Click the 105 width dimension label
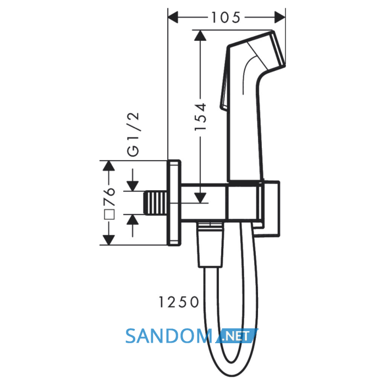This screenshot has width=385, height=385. pos(226,18)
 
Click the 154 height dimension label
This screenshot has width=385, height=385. pos(200,117)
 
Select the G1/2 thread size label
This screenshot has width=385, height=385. pos(133,135)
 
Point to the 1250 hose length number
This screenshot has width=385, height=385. pos(179,302)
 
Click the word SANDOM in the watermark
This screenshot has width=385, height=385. pos(169,336)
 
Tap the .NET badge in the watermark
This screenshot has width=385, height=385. pos(236,335)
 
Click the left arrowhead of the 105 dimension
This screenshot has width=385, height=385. pos(173,17)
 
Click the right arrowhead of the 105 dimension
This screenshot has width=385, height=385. pos(280,17)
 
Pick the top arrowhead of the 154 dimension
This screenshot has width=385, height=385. pos(200,35)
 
